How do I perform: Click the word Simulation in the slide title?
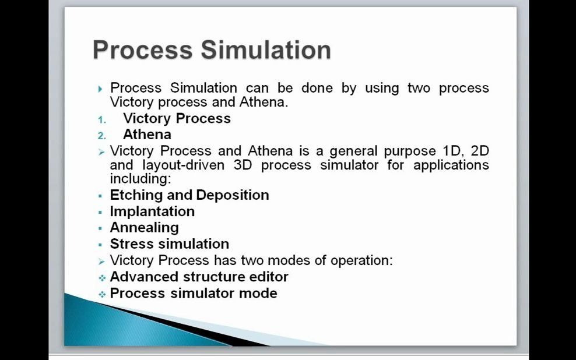click(266, 50)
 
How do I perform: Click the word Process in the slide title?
click(142, 50)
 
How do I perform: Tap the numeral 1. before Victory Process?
click(102, 119)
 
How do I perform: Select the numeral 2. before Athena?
click(102, 136)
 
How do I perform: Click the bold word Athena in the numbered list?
click(147, 135)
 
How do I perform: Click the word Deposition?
click(233, 195)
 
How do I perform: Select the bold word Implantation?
click(152, 211)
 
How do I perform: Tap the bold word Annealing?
click(145, 228)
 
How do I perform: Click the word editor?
click(269, 277)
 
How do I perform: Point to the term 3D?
click(243, 165)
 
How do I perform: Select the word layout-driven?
click(183, 165)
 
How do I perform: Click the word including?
click(141, 179)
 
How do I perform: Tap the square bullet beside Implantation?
click(100, 212)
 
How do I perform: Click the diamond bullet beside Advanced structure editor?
click(102, 278)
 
